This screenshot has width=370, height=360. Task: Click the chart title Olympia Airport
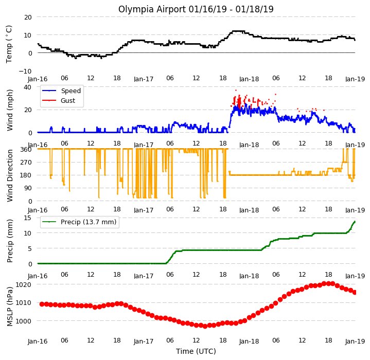152,9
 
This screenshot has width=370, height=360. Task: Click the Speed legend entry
61,91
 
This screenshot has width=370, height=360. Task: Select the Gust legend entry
59,101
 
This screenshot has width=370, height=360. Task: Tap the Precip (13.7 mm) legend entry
79,222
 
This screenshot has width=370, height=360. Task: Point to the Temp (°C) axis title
9,44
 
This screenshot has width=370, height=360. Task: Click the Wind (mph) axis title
10,110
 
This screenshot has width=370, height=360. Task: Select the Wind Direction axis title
10,176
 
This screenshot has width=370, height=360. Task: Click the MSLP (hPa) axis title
10,307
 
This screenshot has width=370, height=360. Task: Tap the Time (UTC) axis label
196,351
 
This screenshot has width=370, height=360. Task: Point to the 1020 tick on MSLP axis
23,285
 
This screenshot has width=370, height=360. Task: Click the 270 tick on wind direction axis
27,162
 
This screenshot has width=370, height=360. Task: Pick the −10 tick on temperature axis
25,71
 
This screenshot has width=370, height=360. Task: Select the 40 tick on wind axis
28,87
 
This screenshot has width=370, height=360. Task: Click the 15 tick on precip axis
28,218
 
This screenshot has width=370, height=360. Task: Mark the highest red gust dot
236,91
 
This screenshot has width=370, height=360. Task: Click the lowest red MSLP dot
205,326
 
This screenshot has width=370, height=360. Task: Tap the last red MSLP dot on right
355,292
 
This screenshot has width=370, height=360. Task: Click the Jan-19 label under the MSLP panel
355,341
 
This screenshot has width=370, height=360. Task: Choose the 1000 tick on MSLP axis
23,321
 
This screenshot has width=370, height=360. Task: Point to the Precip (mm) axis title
10,241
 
